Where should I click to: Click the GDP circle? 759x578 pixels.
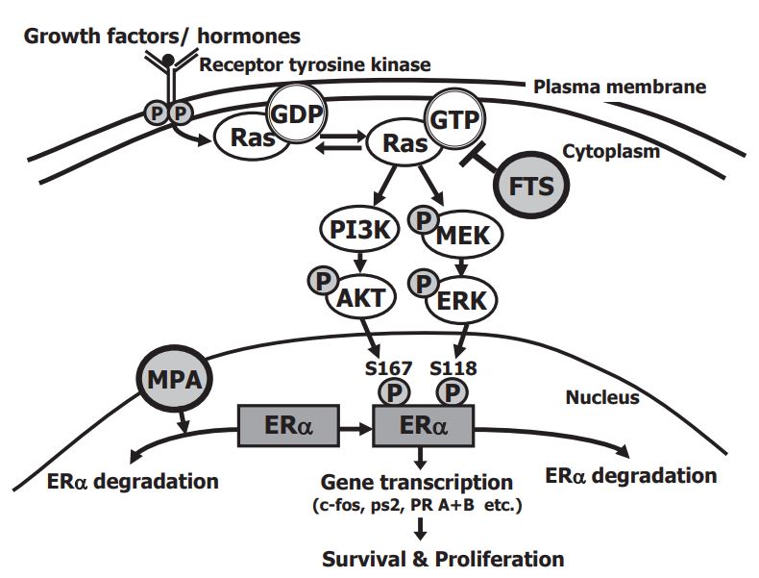pyautogui.click(x=294, y=113)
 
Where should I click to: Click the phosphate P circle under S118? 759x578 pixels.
pyautogui.click(x=453, y=392)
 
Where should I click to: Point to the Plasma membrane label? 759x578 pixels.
pyautogui.click(x=619, y=88)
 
